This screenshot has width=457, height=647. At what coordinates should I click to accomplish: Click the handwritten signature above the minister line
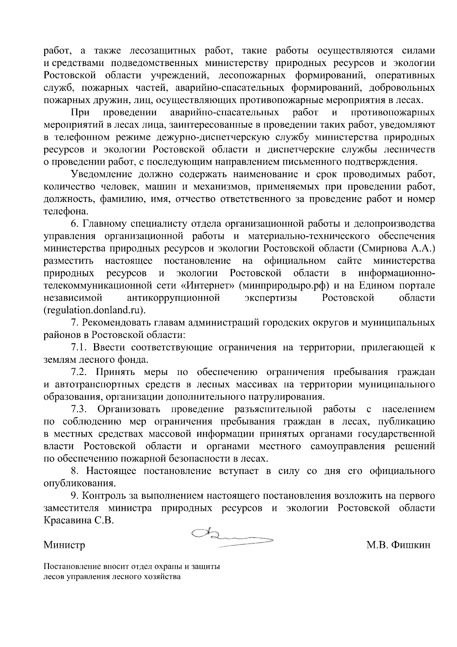[232, 538]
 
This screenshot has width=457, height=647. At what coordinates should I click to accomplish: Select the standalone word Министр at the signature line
[64, 545]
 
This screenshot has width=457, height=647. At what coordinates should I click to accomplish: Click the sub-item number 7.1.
[80, 347]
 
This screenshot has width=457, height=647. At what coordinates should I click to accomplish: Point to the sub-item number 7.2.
[80, 372]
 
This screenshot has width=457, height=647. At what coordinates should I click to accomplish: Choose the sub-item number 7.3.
[80, 409]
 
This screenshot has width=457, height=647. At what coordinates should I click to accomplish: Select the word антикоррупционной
[174, 298]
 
